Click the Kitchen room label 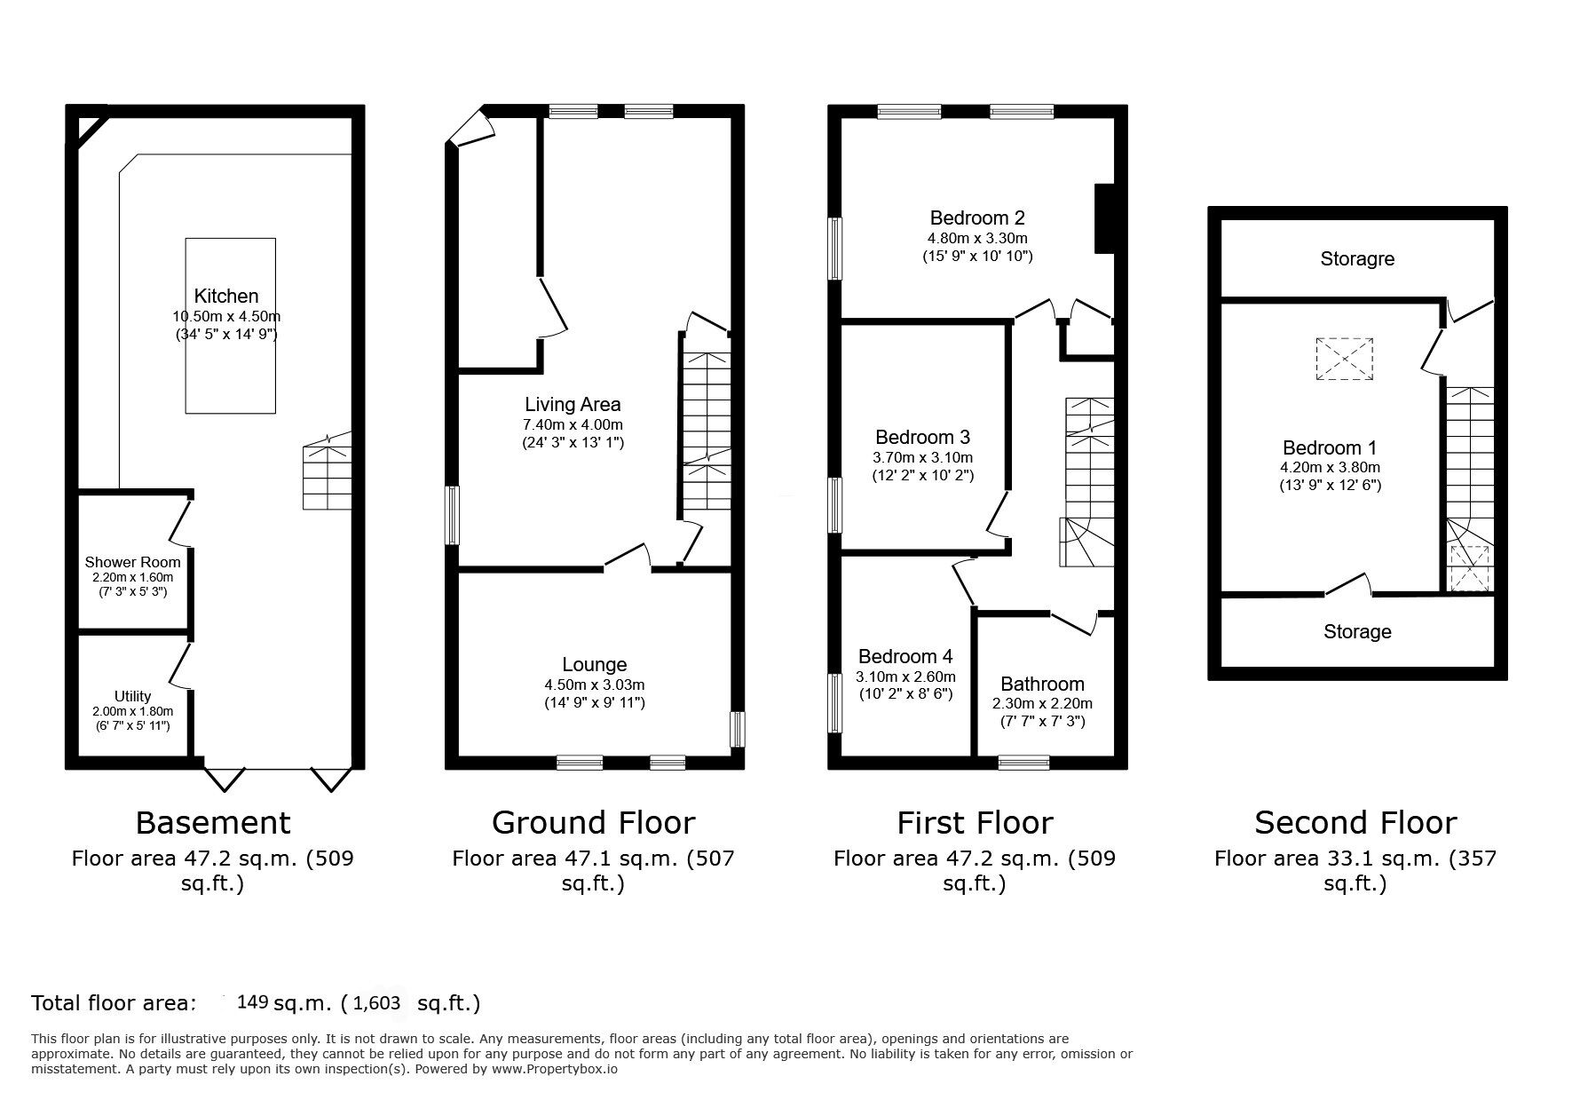point(226,297)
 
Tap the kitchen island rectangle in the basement point(230,373)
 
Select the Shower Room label point(132,562)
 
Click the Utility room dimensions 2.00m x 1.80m point(132,711)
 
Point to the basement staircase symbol point(326,475)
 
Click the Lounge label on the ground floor point(594,665)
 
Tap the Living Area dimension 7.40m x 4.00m point(573,424)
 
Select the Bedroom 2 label point(977,218)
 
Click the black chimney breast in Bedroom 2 point(1104,219)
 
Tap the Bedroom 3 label point(922,437)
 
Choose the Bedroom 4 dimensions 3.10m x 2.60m point(905,677)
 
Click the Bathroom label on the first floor point(1042,684)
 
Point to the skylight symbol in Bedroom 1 point(1344,360)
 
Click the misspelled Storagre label point(1356,259)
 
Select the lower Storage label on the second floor point(1356,631)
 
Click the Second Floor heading point(1355,823)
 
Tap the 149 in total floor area point(253,1002)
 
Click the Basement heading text point(213,823)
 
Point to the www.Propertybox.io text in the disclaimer point(555,1069)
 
